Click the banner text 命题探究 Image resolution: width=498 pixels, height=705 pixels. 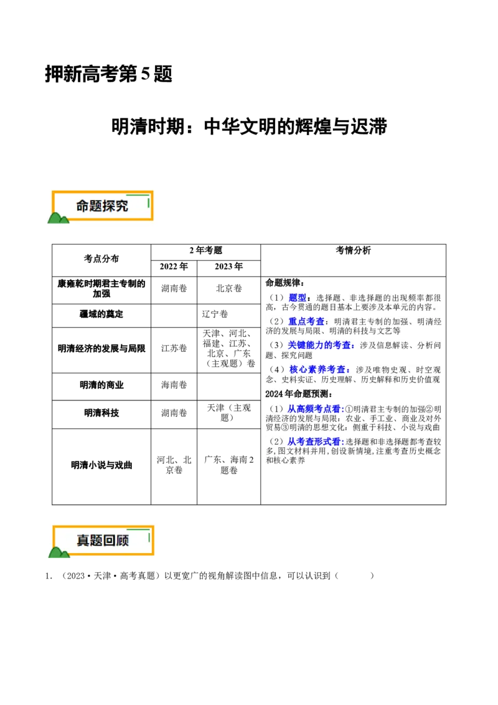click(x=102, y=206)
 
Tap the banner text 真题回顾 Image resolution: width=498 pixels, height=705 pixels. click(x=103, y=541)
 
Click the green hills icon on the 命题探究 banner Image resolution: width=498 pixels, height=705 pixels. click(x=58, y=217)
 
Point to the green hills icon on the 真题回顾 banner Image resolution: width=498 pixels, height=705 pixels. click(x=59, y=552)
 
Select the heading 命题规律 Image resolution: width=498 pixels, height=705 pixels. click(x=284, y=283)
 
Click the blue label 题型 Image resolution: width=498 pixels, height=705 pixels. click(x=298, y=298)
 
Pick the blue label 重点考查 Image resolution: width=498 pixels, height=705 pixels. click(x=306, y=321)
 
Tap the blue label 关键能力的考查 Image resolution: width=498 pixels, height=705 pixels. click(x=320, y=345)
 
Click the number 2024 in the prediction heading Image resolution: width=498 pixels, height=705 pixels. click(x=275, y=394)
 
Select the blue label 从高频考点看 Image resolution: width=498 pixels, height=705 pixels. click(x=314, y=409)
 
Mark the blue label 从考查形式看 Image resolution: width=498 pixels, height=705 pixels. click(x=314, y=442)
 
